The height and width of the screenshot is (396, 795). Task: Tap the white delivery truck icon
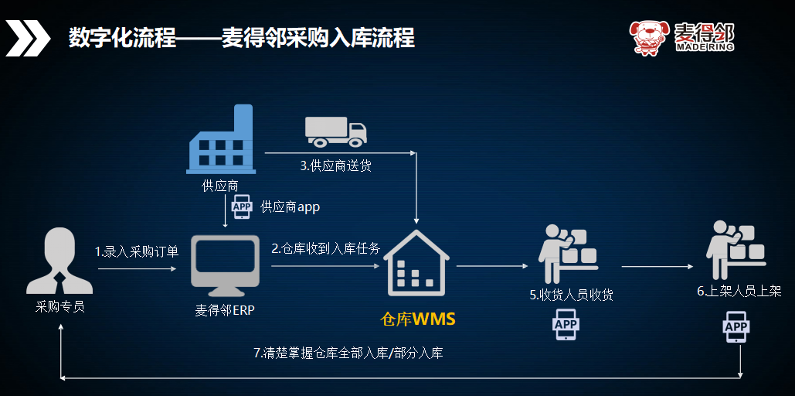pos(335,131)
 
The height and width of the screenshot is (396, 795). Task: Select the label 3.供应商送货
pos(335,166)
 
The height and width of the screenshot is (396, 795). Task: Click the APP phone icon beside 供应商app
pos(242,207)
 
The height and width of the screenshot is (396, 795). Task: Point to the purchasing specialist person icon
pos(59,261)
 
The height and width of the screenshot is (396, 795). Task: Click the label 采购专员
pos(59,307)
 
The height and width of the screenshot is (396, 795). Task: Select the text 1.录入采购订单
pos(137,251)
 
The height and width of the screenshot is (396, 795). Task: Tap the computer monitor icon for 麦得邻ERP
pos(225,266)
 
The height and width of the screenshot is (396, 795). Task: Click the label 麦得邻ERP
pos(225,311)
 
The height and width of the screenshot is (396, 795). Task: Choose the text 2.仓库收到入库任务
pos(325,248)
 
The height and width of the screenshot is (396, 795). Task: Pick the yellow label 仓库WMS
pos(418,319)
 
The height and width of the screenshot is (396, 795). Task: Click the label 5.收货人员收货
pos(572,295)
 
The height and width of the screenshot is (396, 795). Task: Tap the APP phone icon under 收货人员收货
pos(566,326)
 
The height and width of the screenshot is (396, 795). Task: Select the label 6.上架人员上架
pos(739,292)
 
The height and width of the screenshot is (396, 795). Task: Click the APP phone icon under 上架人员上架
pos(736,327)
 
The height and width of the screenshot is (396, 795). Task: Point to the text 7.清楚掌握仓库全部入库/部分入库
pos(348,353)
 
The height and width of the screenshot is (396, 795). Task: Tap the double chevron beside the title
pos(26,39)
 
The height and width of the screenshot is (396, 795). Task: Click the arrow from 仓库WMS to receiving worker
pos(492,266)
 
